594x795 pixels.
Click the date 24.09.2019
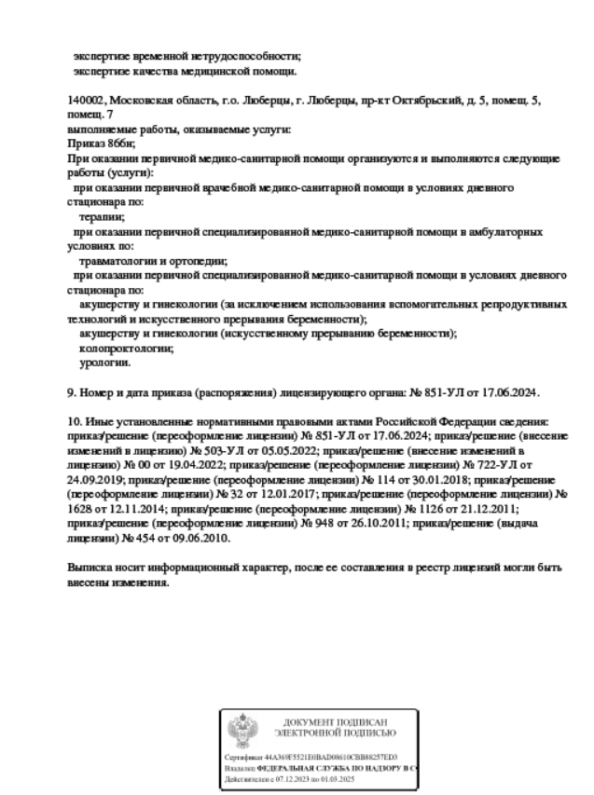click(94, 478)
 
